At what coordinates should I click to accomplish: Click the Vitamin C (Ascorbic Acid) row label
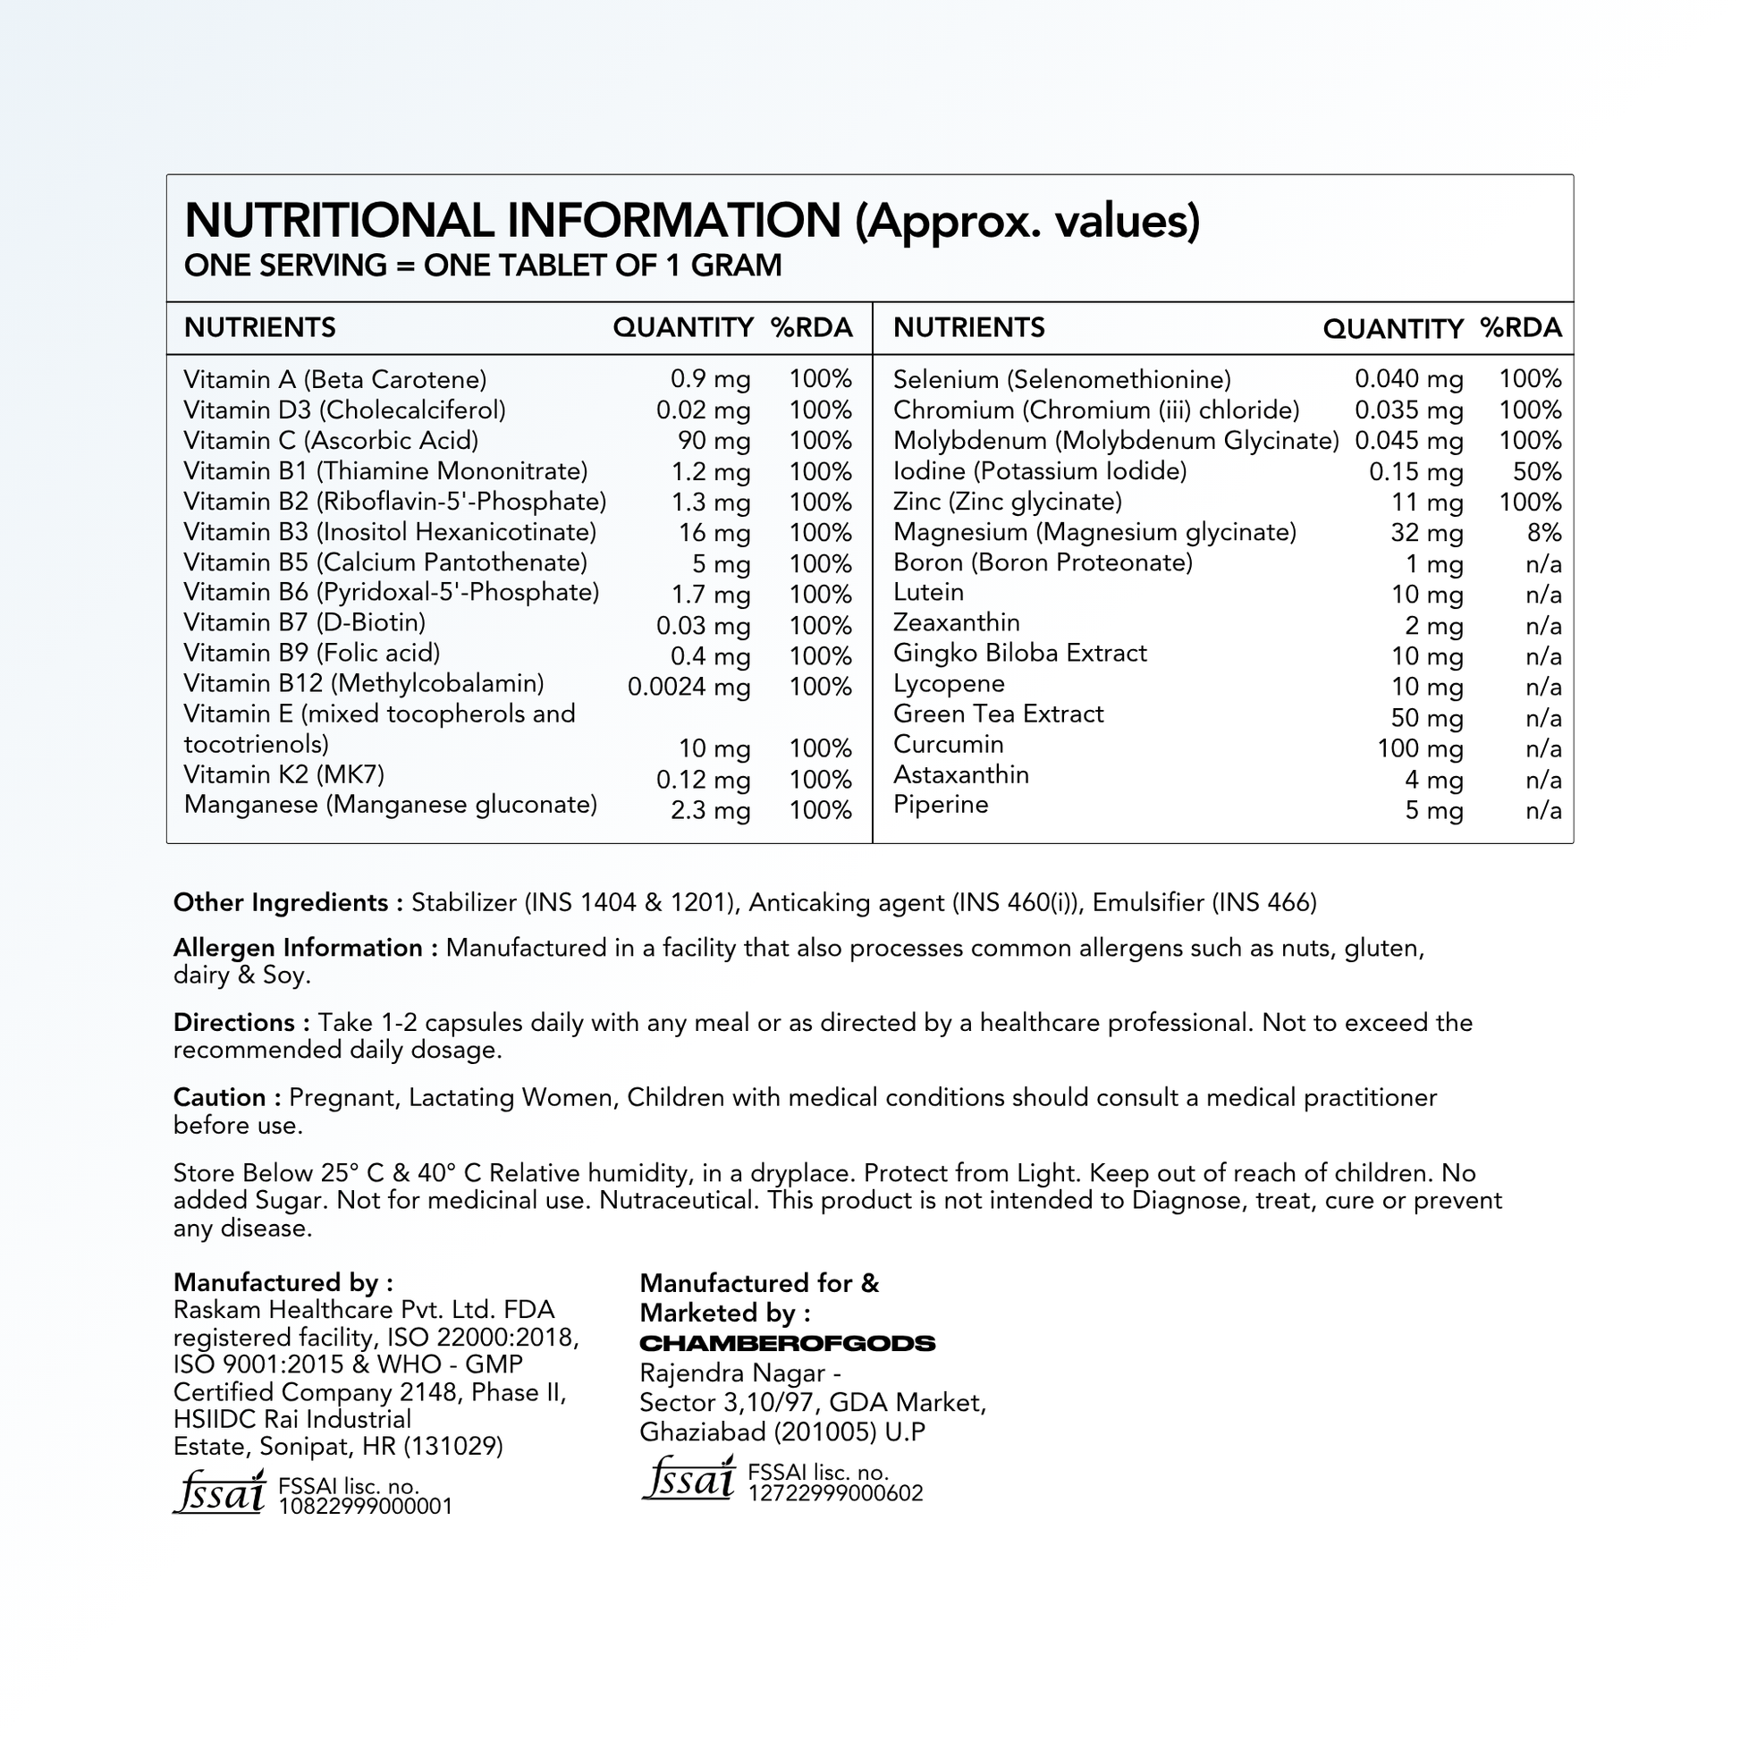pos(331,441)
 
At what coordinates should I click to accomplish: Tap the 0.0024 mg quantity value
pos(689,688)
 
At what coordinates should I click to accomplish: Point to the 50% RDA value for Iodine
pos(1536,472)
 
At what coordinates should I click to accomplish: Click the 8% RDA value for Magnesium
pos(1543,533)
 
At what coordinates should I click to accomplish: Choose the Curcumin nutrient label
pos(948,745)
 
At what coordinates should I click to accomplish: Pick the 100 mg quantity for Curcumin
pos(1419,749)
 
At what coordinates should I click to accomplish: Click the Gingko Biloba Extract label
pos(1019,653)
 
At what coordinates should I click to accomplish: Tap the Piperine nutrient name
pos(941,805)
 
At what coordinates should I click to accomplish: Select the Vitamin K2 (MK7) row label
pos(283,775)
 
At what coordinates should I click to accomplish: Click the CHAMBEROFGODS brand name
pos(787,1344)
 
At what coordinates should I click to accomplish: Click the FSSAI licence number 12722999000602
pos(835,1493)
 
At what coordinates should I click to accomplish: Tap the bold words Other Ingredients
pos(280,903)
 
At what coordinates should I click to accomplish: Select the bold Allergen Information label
pos(297,949)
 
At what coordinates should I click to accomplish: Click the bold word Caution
pos(219,1098)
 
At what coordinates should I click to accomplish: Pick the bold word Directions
pos(234,1023)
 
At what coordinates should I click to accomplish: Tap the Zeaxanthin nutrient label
pos(956,623)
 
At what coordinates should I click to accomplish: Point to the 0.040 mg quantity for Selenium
pos(1408,380)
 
